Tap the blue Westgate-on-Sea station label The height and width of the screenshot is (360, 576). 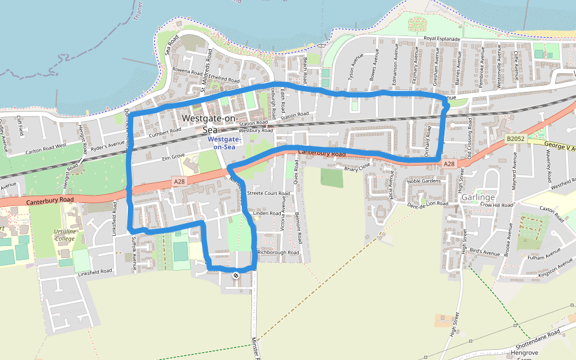click(x=224, y=143)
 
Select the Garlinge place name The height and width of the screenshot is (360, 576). click(x=478, y=197)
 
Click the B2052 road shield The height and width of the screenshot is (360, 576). click(x=515, y=139)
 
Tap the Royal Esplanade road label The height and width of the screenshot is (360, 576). click(x=442, y=39)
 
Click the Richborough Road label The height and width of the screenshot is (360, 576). click(x=278, y=253)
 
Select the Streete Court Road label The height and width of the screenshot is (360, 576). click(x=269, y=194)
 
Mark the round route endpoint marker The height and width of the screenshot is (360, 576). click(x=236, y=275)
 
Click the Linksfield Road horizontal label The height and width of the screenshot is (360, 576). click(x=95, y=272)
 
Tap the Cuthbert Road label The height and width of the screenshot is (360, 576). click(x=166, y=131)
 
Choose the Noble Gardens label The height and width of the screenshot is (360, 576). click(x=424, y=181)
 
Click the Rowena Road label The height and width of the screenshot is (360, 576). click(x=189, y=71)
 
